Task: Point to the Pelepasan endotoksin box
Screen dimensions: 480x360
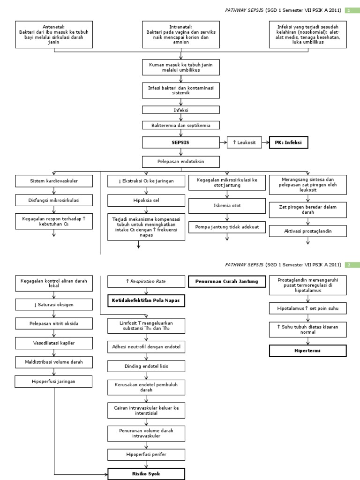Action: point(180,162)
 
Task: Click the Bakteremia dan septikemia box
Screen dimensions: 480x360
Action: point(180,125)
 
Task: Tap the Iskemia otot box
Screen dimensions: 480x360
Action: point(227,206)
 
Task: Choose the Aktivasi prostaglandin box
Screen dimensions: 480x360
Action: point(308,231)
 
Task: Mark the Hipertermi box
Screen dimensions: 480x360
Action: point(307,351)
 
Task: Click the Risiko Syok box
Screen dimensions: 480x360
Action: point(147,474)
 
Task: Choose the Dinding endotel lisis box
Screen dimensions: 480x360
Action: point(147,366)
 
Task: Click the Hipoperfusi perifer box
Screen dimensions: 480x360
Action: point(147,455)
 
